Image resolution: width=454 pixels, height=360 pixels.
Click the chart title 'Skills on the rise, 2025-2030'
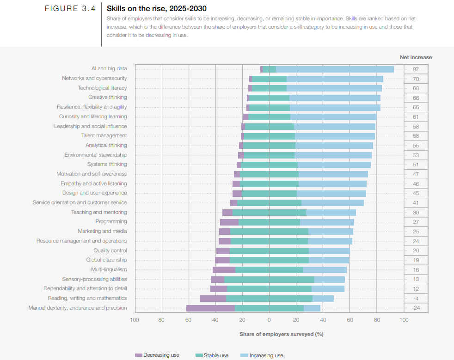click(156, 8)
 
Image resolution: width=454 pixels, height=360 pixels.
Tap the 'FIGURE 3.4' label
click(70, 9)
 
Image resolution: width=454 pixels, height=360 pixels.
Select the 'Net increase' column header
click(416, 57)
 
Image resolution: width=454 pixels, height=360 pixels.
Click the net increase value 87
click(416, 69)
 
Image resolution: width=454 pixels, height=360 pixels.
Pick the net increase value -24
click(416, 308)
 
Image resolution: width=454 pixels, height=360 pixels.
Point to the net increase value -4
click(416, 298)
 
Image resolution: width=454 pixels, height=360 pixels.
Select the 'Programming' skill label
click(111, 222)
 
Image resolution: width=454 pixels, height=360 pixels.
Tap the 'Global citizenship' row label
click(106, 260)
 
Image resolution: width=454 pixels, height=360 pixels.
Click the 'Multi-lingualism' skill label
click(109, 269)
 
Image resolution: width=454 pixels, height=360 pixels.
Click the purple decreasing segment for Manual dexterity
click(210, 308)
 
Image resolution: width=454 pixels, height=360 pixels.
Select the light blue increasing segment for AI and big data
click(335, 69)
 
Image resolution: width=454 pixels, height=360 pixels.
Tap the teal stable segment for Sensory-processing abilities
click(269, 279)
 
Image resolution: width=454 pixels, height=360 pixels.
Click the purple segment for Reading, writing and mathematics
click(213, 298)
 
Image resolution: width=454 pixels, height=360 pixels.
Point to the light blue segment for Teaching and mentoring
click(331, 212)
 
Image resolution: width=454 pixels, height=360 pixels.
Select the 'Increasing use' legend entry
click(266, 355)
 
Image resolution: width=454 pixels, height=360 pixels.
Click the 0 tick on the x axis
click(269, 320)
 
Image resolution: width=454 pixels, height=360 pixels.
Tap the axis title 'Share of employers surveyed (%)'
click(281, 334)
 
